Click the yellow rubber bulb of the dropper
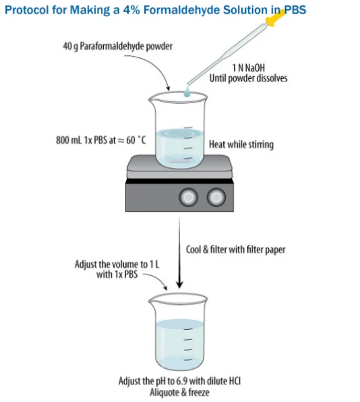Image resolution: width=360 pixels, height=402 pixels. click(274, 18)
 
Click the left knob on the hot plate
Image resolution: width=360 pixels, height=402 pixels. click(188, 197)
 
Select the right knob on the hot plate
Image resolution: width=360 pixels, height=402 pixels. click(216, 197)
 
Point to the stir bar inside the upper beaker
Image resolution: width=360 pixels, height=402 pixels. click(179, 161)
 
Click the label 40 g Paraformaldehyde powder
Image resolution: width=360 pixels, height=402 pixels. click(117, 47)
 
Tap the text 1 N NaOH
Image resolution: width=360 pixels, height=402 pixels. click(248, 68)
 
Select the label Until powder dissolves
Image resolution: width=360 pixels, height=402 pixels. click(248, 78)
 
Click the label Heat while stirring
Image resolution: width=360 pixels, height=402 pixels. click(241, 144)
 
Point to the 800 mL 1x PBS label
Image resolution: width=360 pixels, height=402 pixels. click(100, 140)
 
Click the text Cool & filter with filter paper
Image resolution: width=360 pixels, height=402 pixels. click(235, 250)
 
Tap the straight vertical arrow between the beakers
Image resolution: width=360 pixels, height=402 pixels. click(179, 252)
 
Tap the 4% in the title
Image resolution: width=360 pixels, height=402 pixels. click(131, 10)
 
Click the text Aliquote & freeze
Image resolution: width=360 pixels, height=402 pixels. click(179, 393)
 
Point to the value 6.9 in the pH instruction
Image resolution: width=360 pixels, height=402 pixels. click(181, 381)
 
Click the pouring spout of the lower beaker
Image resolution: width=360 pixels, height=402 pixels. click(152, 300)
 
